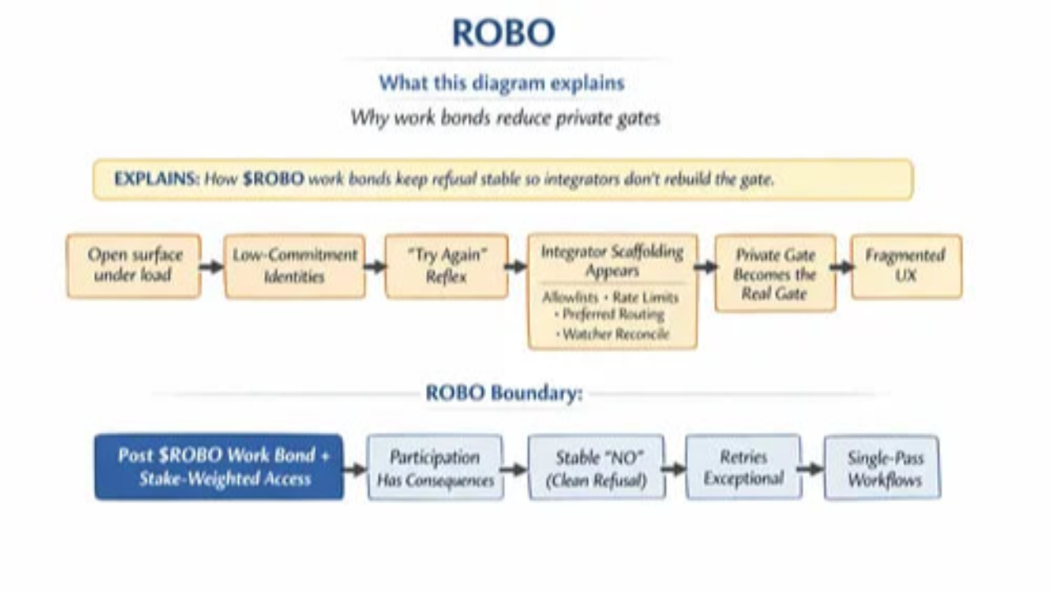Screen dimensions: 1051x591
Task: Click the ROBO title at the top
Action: tap(503, 32)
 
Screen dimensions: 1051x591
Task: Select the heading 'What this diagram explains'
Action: tap(502, 83)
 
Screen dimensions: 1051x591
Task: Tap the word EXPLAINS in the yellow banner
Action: tap(157, 179)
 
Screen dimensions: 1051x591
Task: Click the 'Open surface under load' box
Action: tap(134, 266)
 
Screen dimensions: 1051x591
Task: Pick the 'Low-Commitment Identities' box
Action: tap(295, 266)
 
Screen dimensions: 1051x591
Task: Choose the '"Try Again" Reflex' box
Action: tap(446, 266)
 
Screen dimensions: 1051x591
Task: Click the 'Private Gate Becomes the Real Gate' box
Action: tap(775, 273)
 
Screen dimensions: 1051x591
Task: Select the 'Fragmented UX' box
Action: tap(906, 266)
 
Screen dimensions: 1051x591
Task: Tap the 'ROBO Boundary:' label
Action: tap(504, 393)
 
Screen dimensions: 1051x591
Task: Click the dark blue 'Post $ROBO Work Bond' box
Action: tap(218, 467)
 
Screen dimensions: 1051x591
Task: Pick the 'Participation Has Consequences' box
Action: tap(435, 467)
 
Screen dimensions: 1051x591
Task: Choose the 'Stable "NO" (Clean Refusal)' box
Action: tap(596, 467)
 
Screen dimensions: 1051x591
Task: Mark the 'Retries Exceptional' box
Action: tap(744, 467)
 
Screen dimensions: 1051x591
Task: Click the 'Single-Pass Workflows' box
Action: tap(882, 467)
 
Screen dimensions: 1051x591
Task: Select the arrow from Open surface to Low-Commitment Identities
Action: tap(212, 267)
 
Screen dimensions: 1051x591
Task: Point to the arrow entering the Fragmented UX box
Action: tap(842, 268)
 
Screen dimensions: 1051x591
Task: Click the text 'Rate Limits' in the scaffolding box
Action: tap(645, 297)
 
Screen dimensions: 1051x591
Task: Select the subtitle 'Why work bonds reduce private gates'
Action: tap(505, 117)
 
